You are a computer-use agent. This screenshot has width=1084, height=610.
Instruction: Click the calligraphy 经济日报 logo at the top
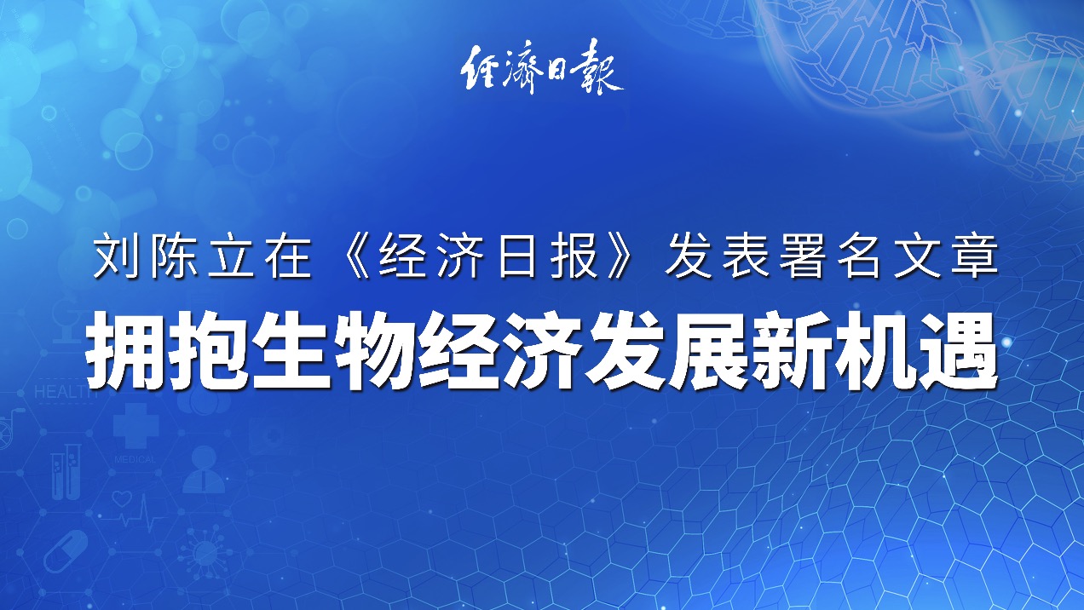[x=542, y=67]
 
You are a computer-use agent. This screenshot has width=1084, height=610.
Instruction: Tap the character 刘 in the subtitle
[x=116, y=256]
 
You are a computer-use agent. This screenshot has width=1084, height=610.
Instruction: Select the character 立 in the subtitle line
[x=230, y=256]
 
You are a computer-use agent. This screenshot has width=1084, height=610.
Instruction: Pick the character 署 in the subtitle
[x=803, y=256]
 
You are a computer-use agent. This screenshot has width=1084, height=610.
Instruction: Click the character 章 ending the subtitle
[x=974, y=256]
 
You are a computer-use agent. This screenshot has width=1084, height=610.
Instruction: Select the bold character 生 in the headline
[x=291, y=350]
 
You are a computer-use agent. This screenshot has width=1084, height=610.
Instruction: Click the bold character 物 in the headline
[x=376, y=350]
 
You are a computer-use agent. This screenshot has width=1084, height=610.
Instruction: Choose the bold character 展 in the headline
[x=708, y=350]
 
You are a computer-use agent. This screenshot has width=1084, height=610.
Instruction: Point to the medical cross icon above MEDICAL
[x=136, y=425]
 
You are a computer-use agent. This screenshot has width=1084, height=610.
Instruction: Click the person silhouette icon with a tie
[x=204, y=469]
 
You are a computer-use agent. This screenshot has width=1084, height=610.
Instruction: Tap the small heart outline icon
[x=122, y=498]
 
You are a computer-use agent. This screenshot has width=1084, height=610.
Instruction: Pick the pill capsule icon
[x=66, y=551]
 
